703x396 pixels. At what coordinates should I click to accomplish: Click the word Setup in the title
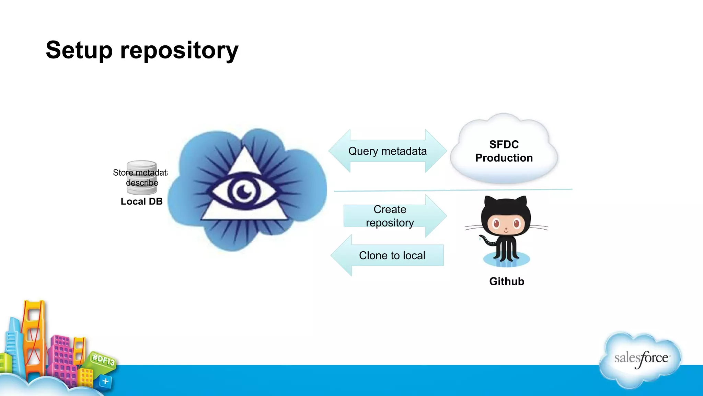(79, 50)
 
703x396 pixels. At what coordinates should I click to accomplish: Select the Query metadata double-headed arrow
(387, 151)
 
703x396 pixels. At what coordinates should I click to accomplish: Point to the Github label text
(506, 281)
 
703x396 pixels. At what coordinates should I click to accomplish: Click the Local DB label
(141, 201)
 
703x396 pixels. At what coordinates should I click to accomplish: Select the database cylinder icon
(142, 177)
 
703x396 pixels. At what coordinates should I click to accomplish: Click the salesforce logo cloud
(641, 359)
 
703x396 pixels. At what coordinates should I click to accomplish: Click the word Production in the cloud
(504, 158)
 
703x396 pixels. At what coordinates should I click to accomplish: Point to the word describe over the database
(142, 183)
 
